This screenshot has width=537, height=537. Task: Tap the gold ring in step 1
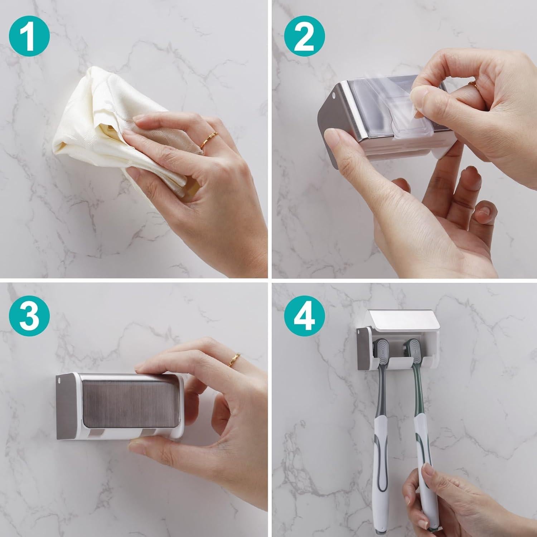[209, 140]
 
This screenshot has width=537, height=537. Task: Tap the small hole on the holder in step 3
[60, 379]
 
